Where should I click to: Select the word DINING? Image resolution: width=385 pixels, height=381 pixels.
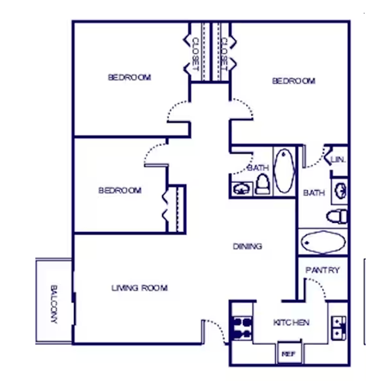click(247, 246)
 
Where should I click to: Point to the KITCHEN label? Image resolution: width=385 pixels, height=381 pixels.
click(291, 322)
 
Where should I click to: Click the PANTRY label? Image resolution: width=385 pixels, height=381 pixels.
click(322, 270)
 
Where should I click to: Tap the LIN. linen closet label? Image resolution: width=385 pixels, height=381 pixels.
click(338, 160)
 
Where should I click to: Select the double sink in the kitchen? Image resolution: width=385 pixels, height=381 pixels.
click(339, 326)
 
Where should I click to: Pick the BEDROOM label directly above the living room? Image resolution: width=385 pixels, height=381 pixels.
click(120, 190)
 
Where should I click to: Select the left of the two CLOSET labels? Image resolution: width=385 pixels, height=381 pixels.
click(195, 54)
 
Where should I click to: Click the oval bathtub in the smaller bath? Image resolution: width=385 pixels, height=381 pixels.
click(284, 170)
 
